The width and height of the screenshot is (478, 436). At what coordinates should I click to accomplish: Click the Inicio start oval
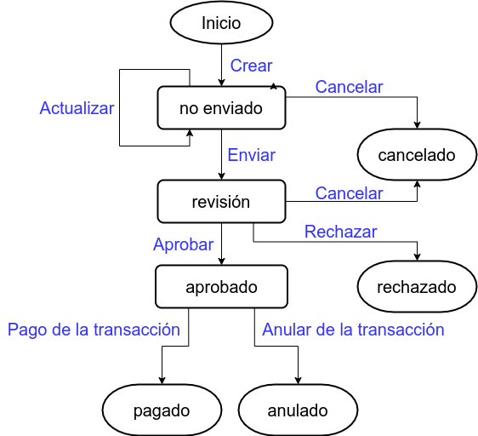pyautogui.click(x=221, y=23)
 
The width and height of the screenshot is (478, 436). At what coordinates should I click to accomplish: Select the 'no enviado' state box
pyautogui.click(x=221, y=108)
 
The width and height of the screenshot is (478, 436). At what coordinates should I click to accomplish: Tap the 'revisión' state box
pyautogui.click(x=221, y=202)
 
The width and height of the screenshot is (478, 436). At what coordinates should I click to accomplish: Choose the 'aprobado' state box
pyautogui.click(x=221, y=287)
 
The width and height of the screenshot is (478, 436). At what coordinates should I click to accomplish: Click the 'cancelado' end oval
pyautogui.click(x=417, y=155)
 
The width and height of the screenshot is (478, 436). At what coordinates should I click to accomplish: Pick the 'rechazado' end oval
pyautogui.click(x=417, y=287)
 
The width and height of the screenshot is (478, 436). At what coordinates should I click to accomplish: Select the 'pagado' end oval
pyautogui.click(x=162, y=410)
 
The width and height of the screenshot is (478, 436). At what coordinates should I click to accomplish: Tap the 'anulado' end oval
pyautogui.click(x=298, y=410)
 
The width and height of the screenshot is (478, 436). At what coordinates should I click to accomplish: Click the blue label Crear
pyautogui.click(x=251, y=66)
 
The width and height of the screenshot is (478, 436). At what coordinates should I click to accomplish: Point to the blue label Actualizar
pyautogui.click(x=77, y=108)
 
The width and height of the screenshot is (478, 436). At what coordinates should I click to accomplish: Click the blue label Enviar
pyautogui.click(x=252, y=155)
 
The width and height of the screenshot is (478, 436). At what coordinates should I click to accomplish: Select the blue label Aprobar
pyautogui.click(x=183, y=244)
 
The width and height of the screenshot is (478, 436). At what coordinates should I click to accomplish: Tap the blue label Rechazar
pyautogui.click(x=340, y=232)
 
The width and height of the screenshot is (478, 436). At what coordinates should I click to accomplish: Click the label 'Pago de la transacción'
pyautogui.click(x=94, y=330)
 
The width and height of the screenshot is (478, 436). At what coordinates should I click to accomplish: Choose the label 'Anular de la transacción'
pyautogui.click(x=353, y=330)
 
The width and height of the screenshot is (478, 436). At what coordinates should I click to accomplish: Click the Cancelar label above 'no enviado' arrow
pyautogui.click(x=349, y=87)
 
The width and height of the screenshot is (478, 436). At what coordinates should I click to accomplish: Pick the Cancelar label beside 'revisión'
pyautogui.click(x=349, y=193)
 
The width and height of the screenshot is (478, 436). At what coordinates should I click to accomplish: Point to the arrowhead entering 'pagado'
pyautogui.click(x=162, y=381)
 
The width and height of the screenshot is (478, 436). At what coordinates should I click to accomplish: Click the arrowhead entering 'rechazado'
pyautogui.click(x=417, y=257)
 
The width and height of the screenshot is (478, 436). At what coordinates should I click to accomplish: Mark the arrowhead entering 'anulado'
pyautogui.click(x=298, y=381)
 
